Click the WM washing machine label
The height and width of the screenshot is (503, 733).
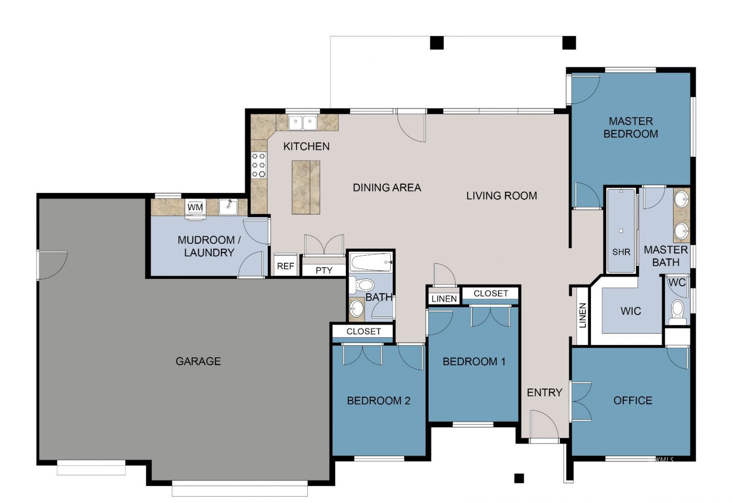pos(195,208)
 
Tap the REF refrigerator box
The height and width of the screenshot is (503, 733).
pos(285,266)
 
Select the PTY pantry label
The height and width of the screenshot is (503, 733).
pos(324,270)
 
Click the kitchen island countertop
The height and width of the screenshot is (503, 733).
pos(306,187)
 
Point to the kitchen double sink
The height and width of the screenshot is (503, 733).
pos(303,122)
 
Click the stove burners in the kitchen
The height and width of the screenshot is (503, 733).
pos(259,165)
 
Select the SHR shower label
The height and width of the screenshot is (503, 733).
pos(621,252)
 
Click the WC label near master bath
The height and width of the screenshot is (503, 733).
pos(677,282)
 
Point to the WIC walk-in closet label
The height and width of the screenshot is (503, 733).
pos(630,311)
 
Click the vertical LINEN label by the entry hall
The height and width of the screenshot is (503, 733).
pos(583,316)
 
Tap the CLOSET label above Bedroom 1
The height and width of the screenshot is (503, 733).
pos(491,293)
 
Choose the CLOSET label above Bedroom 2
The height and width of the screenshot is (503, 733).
pos(363,331)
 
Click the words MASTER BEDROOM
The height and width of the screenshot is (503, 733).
pos(630,127)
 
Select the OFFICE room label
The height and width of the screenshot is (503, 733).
pos(632,400)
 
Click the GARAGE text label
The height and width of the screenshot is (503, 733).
pos(198,361)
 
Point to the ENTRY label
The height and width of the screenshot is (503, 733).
pos(544,393)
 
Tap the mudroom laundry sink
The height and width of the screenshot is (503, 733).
pos(227,207)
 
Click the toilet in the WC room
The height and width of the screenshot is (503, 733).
pos(677,310)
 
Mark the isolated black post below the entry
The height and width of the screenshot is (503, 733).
pos(519,478)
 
